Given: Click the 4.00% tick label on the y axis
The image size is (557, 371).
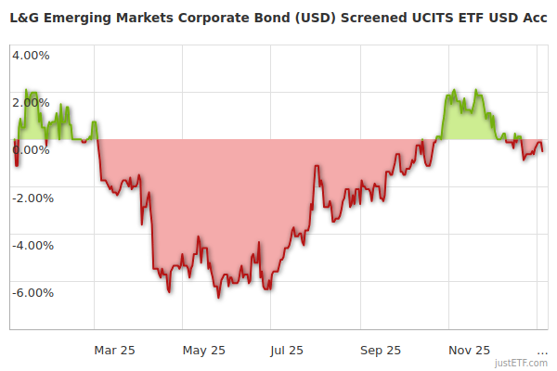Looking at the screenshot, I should tap(31, 54).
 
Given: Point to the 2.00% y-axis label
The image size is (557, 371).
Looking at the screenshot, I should tap(31, 102).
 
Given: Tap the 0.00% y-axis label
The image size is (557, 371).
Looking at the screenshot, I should tap(31, 150).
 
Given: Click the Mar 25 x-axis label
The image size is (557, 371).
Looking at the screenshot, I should tap(115, 350).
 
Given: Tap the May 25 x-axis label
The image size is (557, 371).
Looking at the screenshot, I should tap(204, 350).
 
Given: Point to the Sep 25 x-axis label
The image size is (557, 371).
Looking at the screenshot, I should tap(381, 350).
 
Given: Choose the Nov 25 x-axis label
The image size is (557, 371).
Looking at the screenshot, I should tap(470, 350).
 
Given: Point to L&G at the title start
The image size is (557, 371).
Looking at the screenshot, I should tap(25, 18).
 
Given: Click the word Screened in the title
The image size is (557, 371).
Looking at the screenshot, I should tap(380, 18).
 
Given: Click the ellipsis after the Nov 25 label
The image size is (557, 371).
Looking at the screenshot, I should tap(542, 351).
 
